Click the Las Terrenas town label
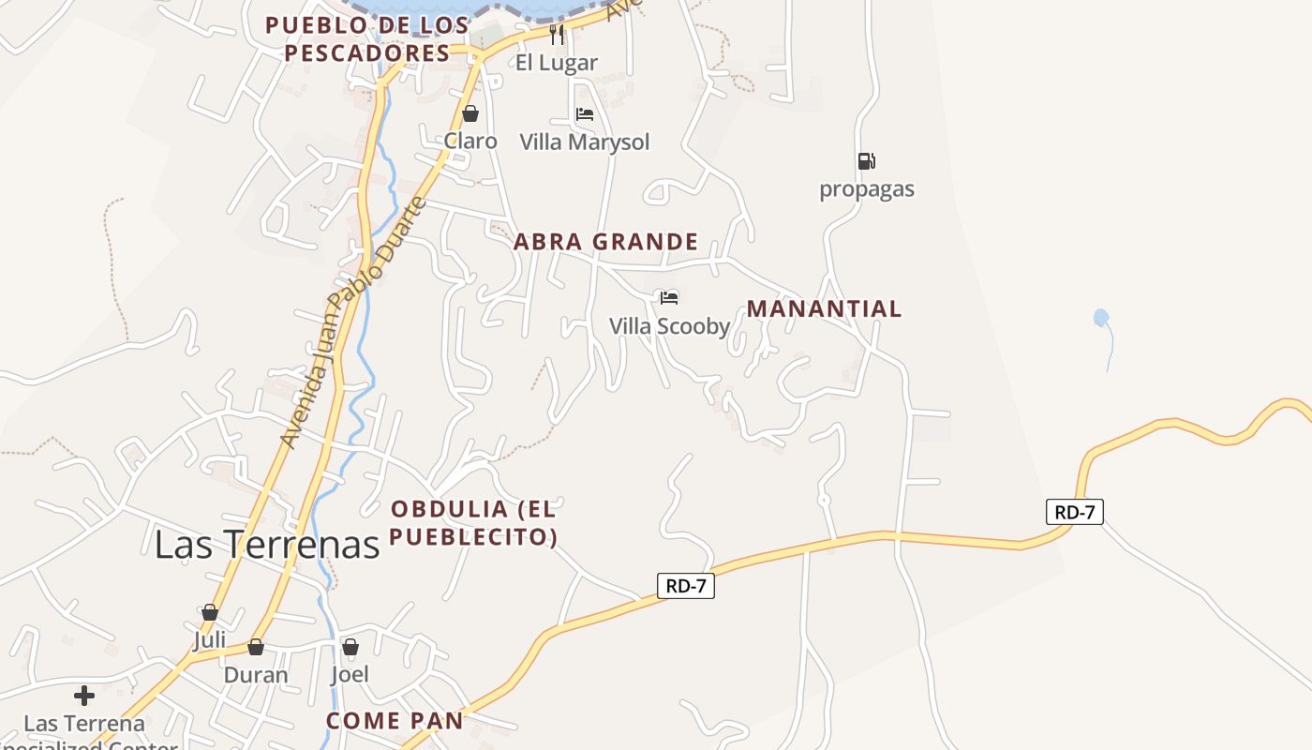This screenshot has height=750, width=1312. [267, 544]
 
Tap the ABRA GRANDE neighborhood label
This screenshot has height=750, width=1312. [605, 242]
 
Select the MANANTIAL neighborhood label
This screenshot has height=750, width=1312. [824, 308]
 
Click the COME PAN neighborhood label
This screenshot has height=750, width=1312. [395, 720]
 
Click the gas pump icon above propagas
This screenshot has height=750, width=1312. [866, 161]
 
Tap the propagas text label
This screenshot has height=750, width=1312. [867, 189]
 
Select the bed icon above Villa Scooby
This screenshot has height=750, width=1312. [668, 298]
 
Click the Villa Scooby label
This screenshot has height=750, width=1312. [669, 326]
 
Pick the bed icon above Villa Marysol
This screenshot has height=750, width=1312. [585, 114]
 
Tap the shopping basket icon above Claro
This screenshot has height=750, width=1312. [470, 113]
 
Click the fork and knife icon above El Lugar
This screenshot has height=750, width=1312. [557, 35]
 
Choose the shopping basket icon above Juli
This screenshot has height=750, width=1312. [210, 612]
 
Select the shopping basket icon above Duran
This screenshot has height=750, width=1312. [255, 647]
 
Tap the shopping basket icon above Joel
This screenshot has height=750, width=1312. [350, 647]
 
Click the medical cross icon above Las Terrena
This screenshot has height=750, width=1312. [84, 696]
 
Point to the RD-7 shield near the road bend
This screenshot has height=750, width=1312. [1074, 512]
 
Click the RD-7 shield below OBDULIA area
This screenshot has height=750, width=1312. [686, 586]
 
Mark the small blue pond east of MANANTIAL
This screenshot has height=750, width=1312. [1101, 318]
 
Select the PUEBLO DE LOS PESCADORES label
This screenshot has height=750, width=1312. [367, 38]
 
